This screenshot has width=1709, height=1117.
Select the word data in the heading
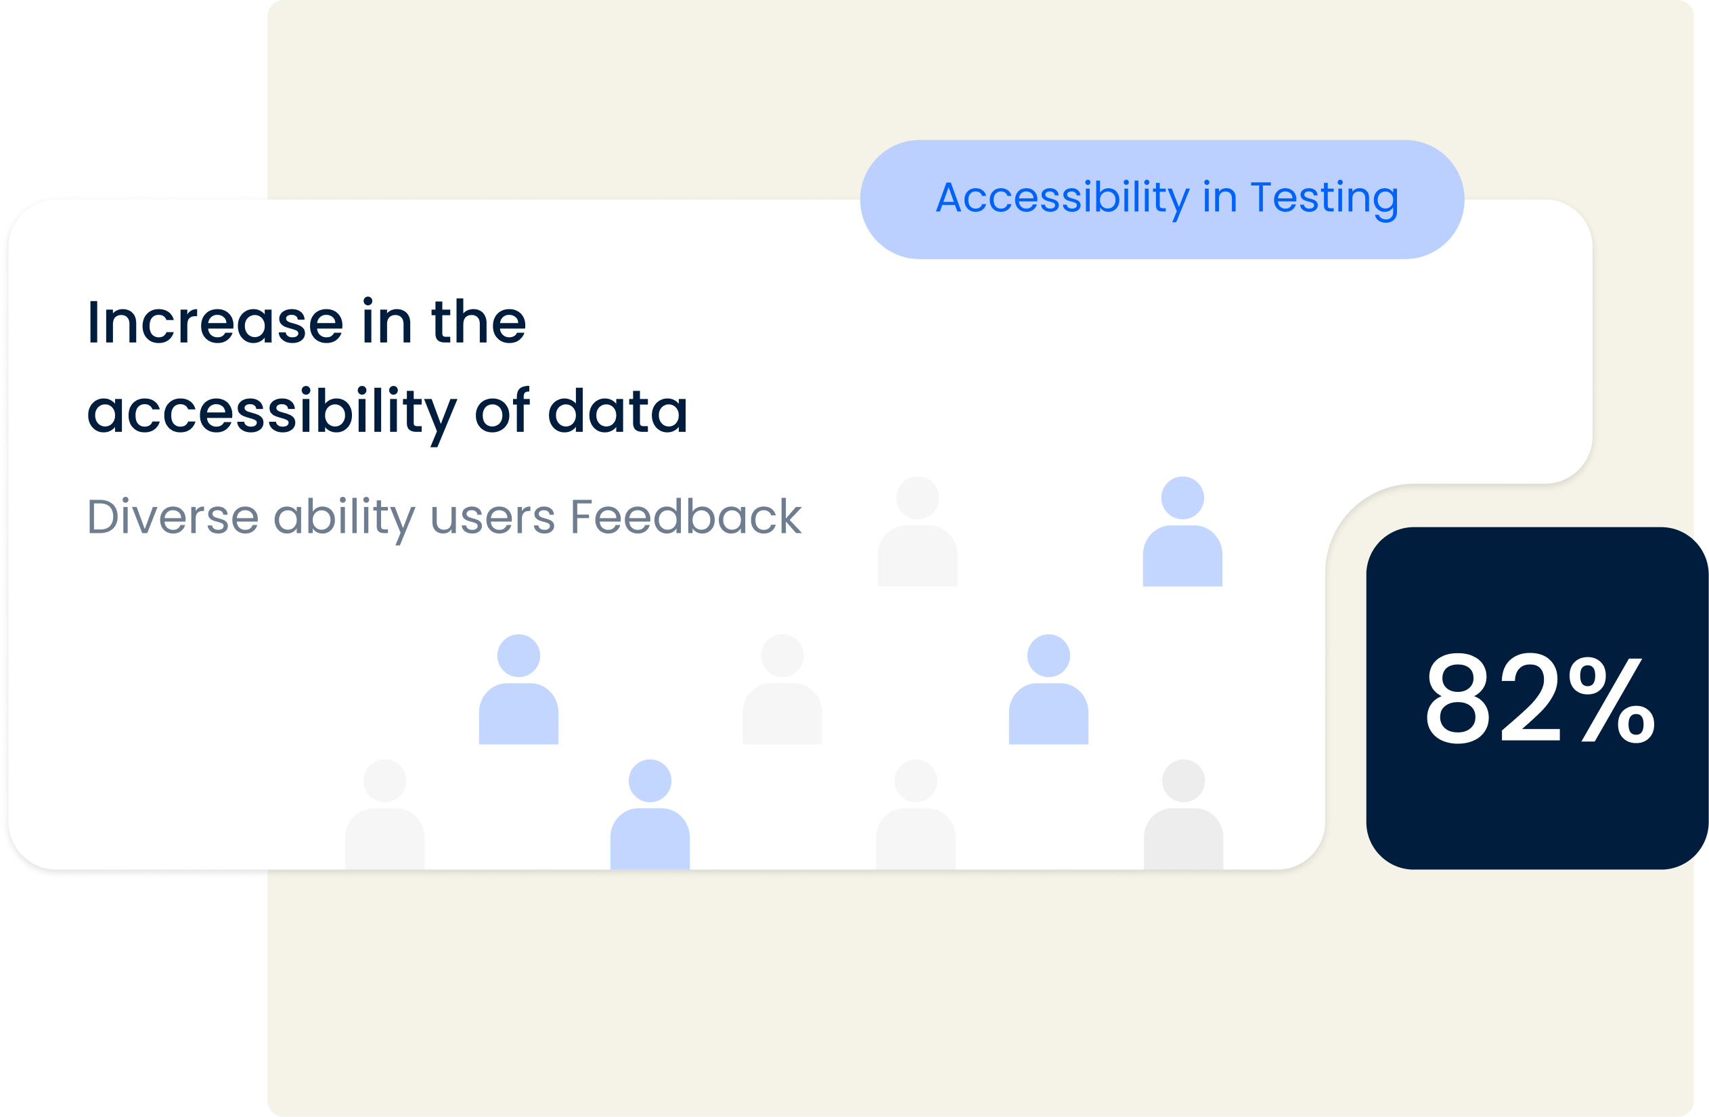tap(618, 410)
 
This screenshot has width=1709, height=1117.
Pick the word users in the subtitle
tap(493, 519)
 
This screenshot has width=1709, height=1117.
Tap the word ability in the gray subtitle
tap(345, 520)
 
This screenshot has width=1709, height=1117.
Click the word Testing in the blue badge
tap(1325, 200)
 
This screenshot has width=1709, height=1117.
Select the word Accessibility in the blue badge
tap(1063, 200)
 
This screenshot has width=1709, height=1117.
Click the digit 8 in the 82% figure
tap(1458, 698)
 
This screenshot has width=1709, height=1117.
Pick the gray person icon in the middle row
tap(782, 689)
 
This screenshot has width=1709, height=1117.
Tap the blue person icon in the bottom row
tap(650, 814)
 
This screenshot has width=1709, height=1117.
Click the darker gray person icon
tap(1183, 814)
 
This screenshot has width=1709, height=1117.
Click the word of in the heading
tap(503, 410)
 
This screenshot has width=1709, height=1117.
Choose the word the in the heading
tap(479, 320)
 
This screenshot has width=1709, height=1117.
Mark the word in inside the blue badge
tap(1220, 198)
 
